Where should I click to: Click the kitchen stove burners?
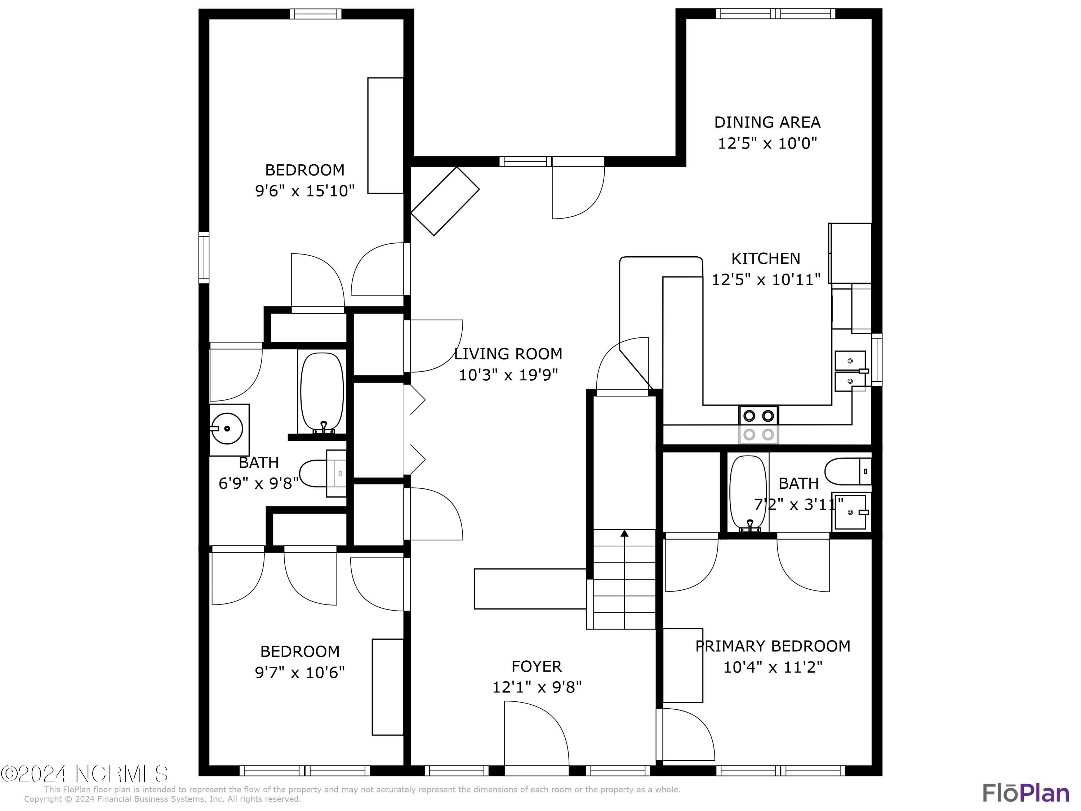[759, 424]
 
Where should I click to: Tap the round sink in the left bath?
[226, 428]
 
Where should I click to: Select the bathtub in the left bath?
[321, 391]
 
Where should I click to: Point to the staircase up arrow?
[624, 533]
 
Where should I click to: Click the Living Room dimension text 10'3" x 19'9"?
[508, 375]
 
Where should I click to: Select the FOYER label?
[536, 666]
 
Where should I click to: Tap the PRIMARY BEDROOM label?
[773, 646]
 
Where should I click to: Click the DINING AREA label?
[767, 122]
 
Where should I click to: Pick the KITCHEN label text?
[765, 258]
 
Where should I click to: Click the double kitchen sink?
[850, 371]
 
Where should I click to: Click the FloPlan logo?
[1025, 792]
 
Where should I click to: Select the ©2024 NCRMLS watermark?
[84, 774]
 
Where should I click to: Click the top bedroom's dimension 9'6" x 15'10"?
[304, 190]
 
